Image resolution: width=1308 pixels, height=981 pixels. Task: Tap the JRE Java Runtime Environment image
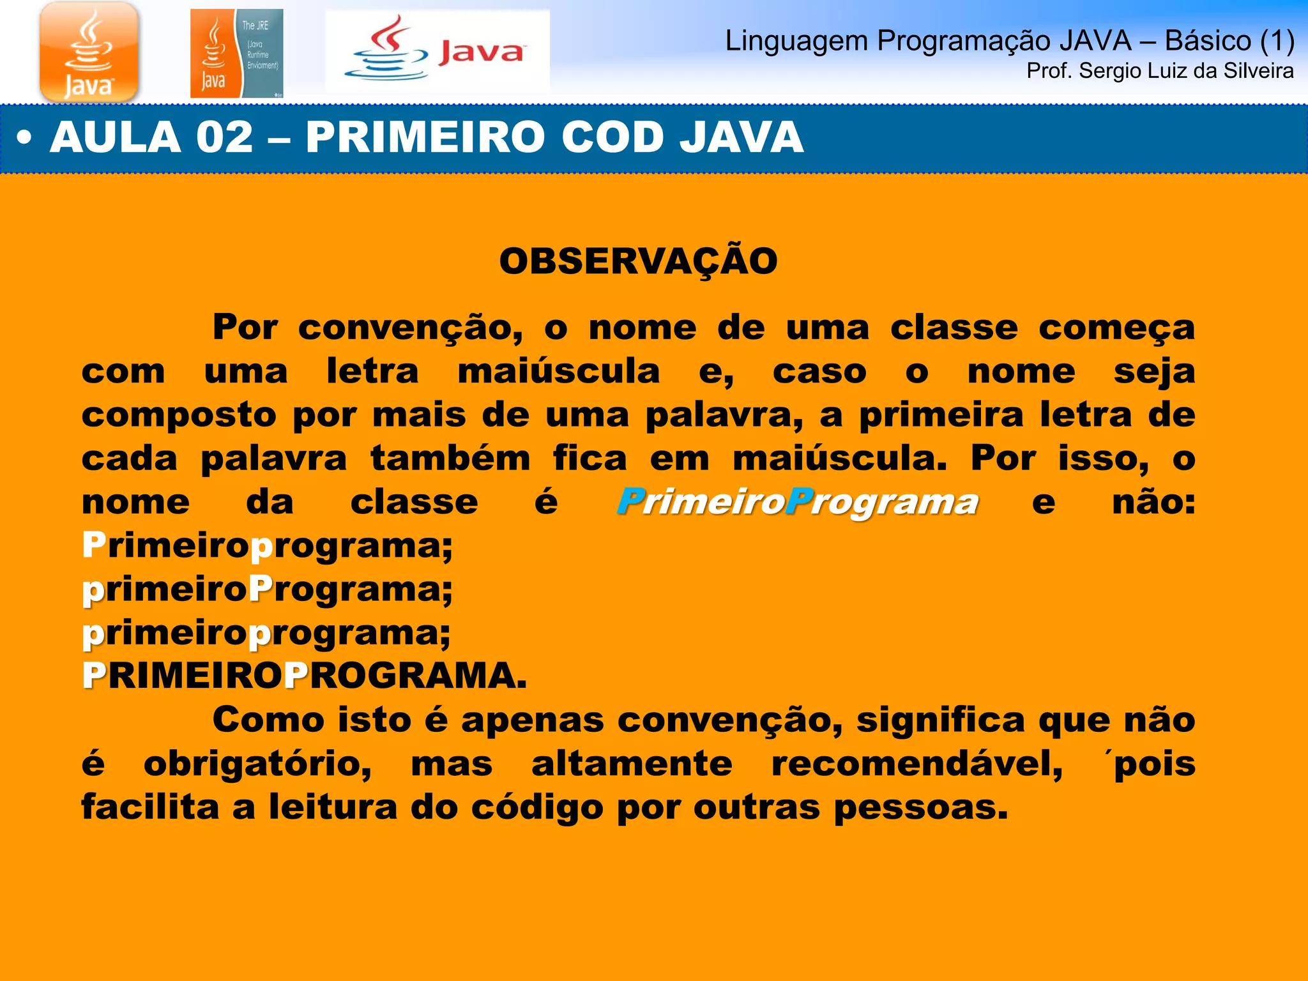click(236, 54)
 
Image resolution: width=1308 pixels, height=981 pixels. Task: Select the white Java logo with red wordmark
click(437, 51)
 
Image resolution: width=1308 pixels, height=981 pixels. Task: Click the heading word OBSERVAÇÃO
click(638, 261)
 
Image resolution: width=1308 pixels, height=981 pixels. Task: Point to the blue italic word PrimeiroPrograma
click(797, 502)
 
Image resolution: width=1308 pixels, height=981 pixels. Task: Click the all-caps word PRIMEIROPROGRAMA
click(304, 676)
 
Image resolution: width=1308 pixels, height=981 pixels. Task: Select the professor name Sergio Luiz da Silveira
click(1186, 71)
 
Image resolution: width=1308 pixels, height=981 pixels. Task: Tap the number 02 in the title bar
click(224, 137)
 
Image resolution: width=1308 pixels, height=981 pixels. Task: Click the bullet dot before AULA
click(24, 138)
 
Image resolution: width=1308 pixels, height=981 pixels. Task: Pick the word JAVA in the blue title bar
click(741, 137)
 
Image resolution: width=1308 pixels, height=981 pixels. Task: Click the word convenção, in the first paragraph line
click(410, 328)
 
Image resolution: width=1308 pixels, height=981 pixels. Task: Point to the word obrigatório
click(257, 764)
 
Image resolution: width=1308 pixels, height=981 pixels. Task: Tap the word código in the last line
click(537, 808)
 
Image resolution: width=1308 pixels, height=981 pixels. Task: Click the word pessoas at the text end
click(920, 808)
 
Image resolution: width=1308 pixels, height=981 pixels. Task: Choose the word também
click(450, 459)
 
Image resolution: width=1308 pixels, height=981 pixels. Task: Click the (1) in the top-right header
click(1277, 41)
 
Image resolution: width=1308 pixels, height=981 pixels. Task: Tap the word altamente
click(632, 764)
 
